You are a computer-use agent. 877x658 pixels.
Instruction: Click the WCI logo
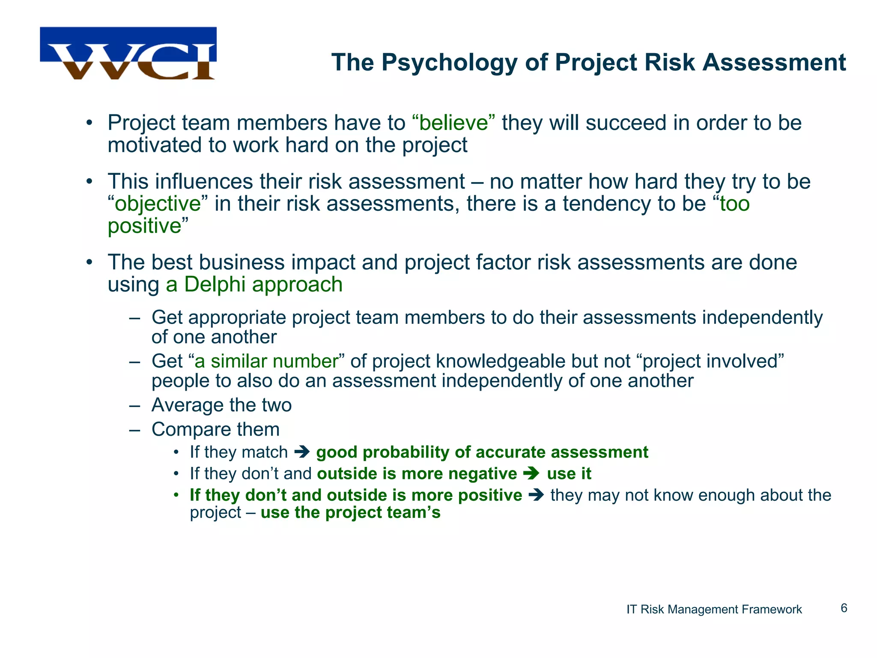click(x=128, y=54)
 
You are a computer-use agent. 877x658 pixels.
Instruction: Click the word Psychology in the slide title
click(x=449, y=63)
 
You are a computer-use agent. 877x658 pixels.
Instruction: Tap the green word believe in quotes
click(x=453, y=123)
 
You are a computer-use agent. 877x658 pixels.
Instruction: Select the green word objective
click(x=158, y=204)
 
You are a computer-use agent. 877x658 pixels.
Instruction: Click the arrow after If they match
click(x=302, y=452)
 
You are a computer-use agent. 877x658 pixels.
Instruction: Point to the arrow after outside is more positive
click(x=536, y=495)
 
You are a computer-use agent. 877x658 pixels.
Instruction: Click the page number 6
click(x=844, y=608)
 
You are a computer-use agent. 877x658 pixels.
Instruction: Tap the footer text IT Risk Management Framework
click(x=714, y=609)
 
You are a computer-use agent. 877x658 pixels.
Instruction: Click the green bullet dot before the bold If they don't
click(x=176, y=496)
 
